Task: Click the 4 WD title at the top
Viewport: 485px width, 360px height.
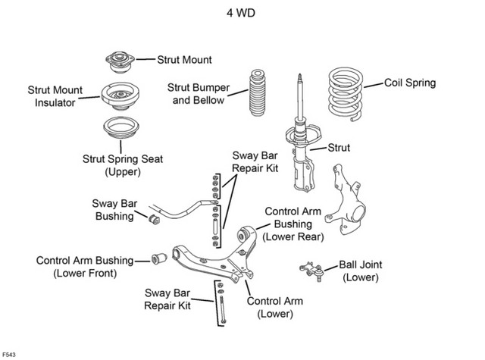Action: coord(241,13)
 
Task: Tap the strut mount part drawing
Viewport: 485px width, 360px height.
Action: coord(120,62)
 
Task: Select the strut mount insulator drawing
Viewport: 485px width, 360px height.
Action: coord(120,96)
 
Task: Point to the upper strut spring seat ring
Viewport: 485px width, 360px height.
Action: coord(121,128)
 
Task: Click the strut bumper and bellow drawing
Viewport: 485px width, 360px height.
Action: coord(257,92)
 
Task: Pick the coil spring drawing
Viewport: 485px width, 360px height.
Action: coord(346,94)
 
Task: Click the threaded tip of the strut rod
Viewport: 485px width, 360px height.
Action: coord(299,78)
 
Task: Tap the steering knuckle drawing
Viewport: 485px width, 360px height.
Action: coord(346,199)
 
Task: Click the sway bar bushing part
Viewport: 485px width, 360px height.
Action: coord(154,219)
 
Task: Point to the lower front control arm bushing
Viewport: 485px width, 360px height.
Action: coord(159,258)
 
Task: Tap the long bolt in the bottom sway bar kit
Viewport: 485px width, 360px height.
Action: coord(222,309)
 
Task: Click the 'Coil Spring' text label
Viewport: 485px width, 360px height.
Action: coord(410,83)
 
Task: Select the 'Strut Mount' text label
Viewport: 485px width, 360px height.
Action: coord(184,60)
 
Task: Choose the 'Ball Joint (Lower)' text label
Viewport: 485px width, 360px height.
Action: coord(361,271)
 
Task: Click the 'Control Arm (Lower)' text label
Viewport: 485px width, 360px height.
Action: coord(275,308)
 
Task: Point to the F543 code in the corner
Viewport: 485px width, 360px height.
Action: coord(9,355)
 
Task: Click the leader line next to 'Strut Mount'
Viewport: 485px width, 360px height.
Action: coord(145,59)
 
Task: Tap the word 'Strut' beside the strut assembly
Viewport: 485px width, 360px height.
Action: coord(339,148)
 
